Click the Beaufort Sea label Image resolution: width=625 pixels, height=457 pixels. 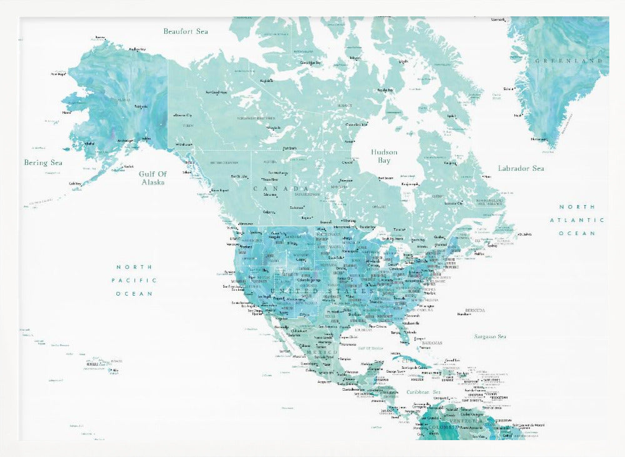pyautogui.click(x=186, y=31)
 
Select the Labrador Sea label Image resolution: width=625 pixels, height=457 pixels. pyautogui.click(x=521, y=168)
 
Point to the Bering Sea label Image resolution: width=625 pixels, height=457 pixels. pyautogui.click(x=43, y=163)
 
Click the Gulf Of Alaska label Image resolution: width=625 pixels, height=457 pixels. pyautogui.click(x=152, y=178)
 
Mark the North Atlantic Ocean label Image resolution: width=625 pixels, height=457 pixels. pyautogui.click(x=577, y=220)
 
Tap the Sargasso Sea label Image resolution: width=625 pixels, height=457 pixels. pyautogui.click(x=489, y=336)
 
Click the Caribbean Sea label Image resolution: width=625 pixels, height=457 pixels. pyautogui.click(x=423, y=392)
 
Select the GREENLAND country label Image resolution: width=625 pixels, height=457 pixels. pyautogui.click(x=569, y=61)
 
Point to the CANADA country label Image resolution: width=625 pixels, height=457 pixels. pyautogui.click(x=281, y=188)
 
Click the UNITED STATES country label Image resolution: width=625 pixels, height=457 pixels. pyautogui.click(x=324, y=291)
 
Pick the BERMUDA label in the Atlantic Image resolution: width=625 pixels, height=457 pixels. pyautogui.click(x=476, y=310)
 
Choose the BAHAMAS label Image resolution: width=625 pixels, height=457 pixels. pyautogui.click(x=431, y=343)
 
